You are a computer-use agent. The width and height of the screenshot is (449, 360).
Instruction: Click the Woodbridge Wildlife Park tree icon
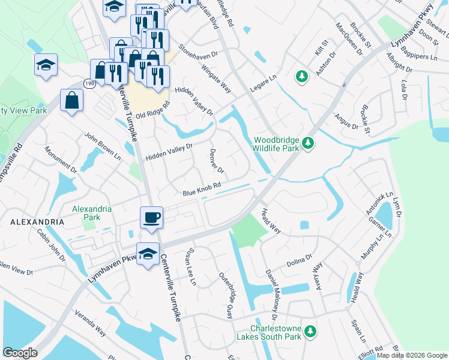pyautogui.click(x=308, y=142)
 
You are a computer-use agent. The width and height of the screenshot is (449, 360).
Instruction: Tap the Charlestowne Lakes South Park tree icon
pyautogui.click(x=310, y=331)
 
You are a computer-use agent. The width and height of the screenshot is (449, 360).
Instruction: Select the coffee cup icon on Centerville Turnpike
pyautogui.click(x=151, y=217)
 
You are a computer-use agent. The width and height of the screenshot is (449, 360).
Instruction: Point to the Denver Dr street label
pyautogui.click(x=217, y=160)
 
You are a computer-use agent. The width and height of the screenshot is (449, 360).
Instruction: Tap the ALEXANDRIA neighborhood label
pyautogui.click(x=37, y=222)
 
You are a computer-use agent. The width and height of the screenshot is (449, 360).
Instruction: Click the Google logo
pyautogui.click(x=20, y=353)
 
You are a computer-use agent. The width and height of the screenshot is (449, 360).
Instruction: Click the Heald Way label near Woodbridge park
pyautogui.click(x=271, y=221)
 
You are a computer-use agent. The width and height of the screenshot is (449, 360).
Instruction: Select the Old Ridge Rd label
pyautogui.click(x=153, y=109)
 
